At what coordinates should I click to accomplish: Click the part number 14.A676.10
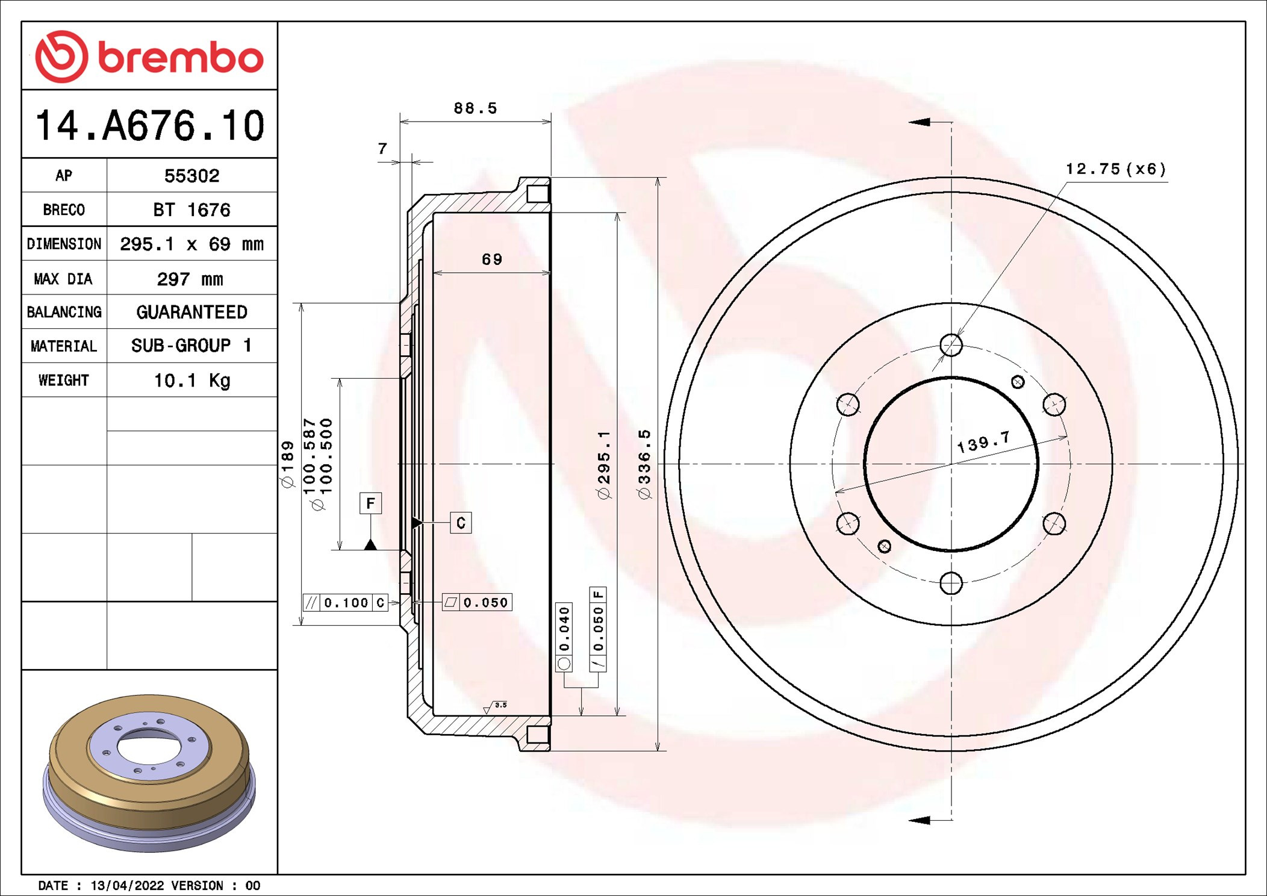(149, 126)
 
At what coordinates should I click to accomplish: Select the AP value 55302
(191, 176)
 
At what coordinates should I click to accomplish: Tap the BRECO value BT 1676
(191, 210)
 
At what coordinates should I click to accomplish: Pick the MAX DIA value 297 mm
(190, 279)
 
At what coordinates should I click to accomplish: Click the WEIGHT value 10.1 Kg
(191, 381)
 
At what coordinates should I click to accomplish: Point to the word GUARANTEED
(191, 312)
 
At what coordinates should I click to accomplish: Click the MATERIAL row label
(64, 346)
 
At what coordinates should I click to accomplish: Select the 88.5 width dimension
(475, 108)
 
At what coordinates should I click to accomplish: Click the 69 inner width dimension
(491, 260)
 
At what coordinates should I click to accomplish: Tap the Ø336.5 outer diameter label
(644, 464)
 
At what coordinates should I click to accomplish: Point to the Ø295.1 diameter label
(604, 464)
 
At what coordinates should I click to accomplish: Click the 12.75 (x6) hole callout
(1115, 169)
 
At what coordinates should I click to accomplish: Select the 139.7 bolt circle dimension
(983, 443)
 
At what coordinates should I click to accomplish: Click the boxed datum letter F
(370, 503)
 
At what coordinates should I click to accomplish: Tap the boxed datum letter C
(461, 523)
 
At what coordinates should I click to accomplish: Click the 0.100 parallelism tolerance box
(346, 603)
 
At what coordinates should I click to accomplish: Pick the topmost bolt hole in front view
(951, 345)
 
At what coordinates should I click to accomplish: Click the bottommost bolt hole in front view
(951, 583)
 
